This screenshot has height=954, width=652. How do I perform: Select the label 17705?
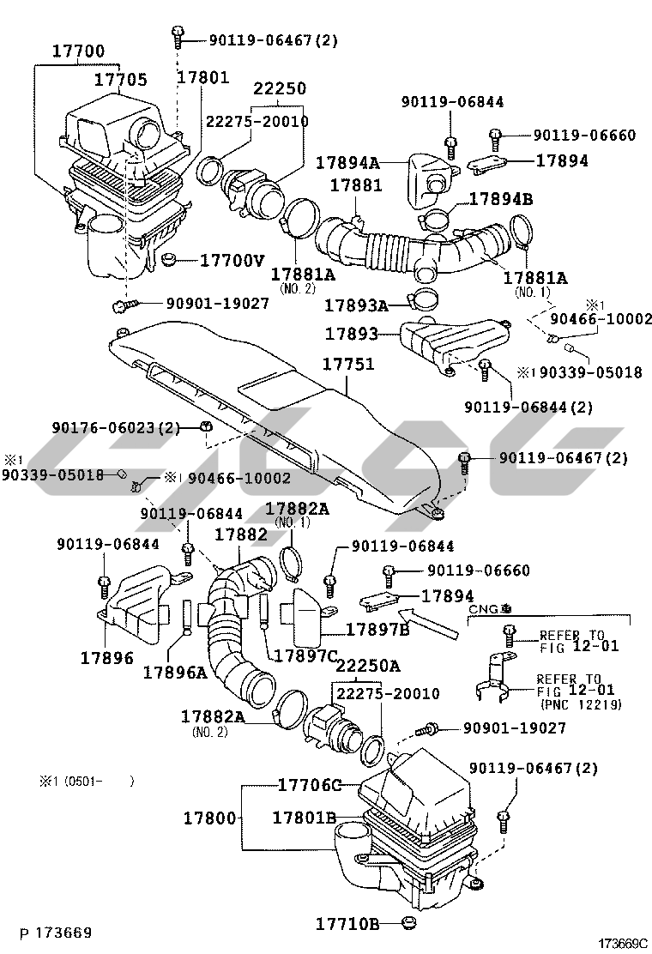point(120,81)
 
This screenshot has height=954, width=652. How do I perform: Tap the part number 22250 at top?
point(279,89)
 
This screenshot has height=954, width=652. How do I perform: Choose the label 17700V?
point(232,259)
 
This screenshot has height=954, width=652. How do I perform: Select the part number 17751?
point(347,364)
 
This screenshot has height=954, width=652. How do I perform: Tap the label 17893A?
point(357,305)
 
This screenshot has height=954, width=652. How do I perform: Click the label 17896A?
point(175,673)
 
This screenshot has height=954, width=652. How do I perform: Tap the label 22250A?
point(367,666)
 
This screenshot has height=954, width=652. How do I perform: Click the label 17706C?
point(309,785)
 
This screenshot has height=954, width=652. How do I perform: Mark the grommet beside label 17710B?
point(411,924)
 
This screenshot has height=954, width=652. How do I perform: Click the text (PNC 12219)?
point(582,704)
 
